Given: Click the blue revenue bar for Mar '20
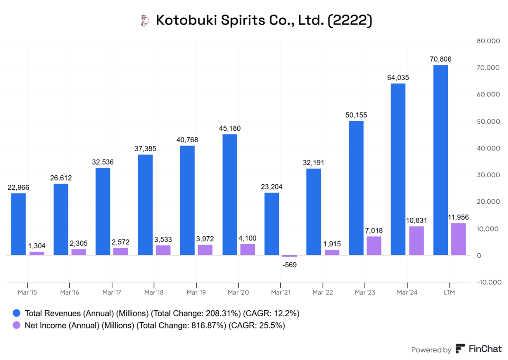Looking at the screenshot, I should (230, 195).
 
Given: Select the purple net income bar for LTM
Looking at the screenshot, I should (458, 239).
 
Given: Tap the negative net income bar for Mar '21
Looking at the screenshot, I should (289, 256).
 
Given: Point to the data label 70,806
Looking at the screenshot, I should (440, 59).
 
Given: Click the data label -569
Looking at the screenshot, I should (289, 265).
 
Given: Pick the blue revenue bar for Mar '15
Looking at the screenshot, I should (18, 224).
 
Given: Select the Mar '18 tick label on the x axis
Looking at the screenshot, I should (154, 292).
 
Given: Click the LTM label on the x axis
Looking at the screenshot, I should (449, 292).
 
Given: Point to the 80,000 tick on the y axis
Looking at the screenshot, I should (488, 41).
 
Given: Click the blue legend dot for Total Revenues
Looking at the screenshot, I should (16, 313).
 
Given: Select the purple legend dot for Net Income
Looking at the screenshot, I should (16, 325).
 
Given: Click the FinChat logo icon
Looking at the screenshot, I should (460, 349).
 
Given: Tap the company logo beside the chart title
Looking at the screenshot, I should (144, 21).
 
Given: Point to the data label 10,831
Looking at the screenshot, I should (416, 221).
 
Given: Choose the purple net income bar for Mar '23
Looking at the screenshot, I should (374, 246).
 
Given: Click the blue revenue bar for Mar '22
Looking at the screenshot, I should (313, 212).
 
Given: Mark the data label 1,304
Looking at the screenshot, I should (37, 246).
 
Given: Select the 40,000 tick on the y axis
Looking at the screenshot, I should (488, 148).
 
